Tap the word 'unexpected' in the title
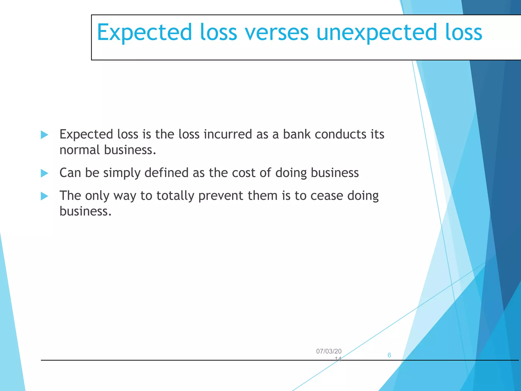[x=377, y=33]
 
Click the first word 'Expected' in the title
[x=144, y=33]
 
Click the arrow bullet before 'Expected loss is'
[x=44, y=135]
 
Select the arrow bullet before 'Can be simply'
[x=44, y=173]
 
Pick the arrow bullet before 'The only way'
[x=44, y=196]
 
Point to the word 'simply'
[x=122, y=173]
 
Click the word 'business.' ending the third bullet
[x=85, y=211]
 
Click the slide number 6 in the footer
[x=389, y=355]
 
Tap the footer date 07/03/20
[x=329, y=351]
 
